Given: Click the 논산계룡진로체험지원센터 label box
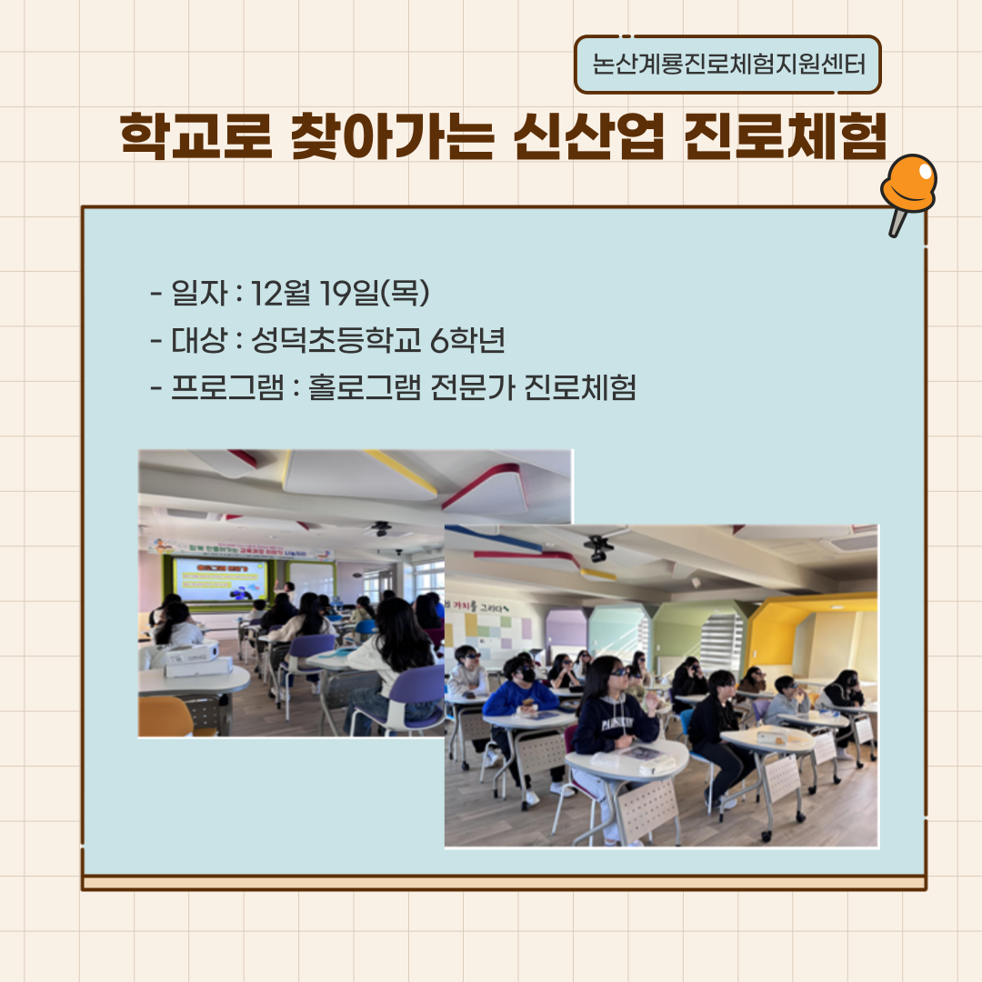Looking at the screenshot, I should (727, 65).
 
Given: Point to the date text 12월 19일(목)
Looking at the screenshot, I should (340, 293).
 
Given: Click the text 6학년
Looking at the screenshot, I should (467, 341).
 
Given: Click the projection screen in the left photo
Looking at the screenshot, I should (221, 579).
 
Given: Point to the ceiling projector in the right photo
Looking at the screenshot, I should (597, 548).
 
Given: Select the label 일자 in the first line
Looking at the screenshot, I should (192, 293).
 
